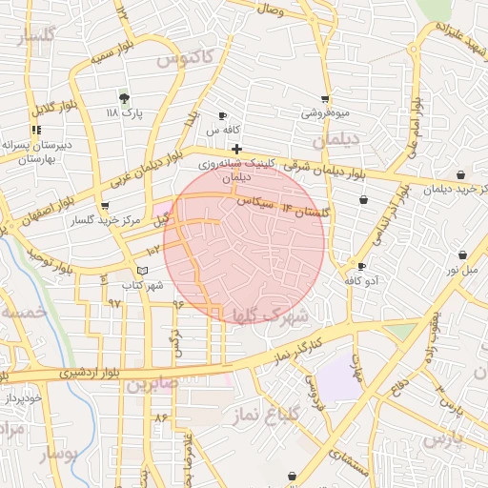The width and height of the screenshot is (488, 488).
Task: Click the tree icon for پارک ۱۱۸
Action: pyautogui.click(x=123, y=97)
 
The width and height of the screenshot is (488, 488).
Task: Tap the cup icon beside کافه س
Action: pyautogui.click(x=223, y=115)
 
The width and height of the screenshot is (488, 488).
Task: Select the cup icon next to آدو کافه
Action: pyautogui.click(x=361, y=266)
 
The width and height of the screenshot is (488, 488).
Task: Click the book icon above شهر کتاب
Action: pyautogui.click(x=143, y=272)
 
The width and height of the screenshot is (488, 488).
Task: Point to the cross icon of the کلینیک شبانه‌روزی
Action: pyautogui.click(x=236, y=149)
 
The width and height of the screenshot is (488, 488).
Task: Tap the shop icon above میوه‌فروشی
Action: pyautogui.click(x=326, y=99)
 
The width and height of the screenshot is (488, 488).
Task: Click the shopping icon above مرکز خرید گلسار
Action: pyautogui.click(x=105, y=206)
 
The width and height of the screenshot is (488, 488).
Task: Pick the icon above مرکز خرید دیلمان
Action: pyautogui.click(x=461, y=174)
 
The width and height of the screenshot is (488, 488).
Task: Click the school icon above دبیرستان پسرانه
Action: pyautogui.click(x=36, y=130)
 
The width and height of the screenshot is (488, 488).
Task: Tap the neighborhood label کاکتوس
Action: pyautogui.click(x=182, y=58)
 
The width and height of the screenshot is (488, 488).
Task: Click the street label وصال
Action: pyautogui.click(x=270, y=10)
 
